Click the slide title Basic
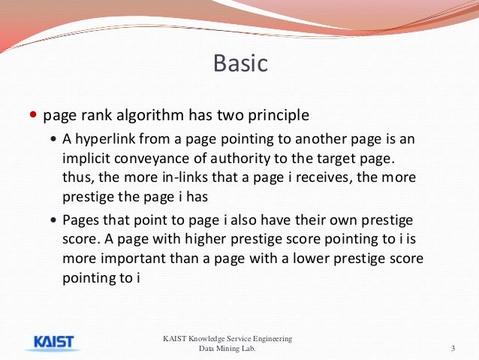(240, 63)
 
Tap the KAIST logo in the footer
(53, 342)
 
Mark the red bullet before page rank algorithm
(32, 116)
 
